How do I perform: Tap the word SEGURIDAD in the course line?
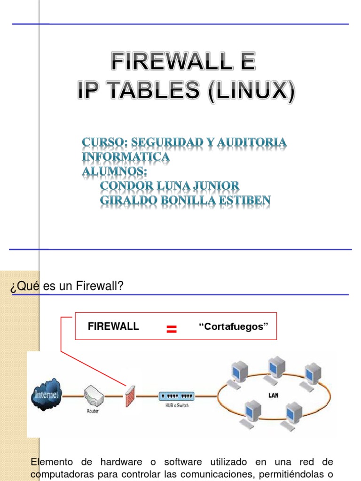pos(169,142)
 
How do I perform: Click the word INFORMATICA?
pos(126,157)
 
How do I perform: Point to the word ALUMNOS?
pos(111,171)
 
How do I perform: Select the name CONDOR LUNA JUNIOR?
pos(170,186)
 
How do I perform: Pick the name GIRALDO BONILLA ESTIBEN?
pos(185,201)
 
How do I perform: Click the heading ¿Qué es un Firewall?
pos(66,286)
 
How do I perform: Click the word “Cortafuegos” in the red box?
pos(234,326)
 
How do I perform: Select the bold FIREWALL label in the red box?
pos(113,326)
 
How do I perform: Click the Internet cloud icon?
pos(46,394)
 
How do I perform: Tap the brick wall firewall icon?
pos(130,396)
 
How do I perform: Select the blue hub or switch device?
pos(176,396)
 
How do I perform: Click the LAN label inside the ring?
pos(273,396)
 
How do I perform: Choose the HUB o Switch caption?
pos(176,405)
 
